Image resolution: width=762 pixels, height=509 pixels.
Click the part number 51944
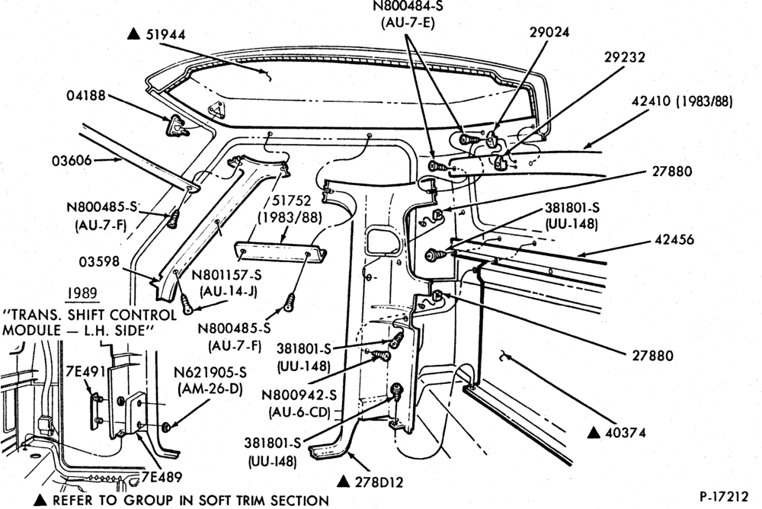pos(165,35)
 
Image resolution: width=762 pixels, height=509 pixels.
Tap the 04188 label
pos(86,95)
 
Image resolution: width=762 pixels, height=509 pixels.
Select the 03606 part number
pos(72,160)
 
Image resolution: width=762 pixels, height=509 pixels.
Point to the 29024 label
pos(549,32)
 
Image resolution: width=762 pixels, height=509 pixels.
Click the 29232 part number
pos(625,57)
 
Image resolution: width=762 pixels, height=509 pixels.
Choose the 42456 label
pos(674,240)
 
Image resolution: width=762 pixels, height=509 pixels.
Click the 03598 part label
pos(99,262)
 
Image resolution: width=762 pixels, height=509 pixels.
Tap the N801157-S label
pos(226,275)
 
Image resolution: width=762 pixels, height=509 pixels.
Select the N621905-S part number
pos(210,373)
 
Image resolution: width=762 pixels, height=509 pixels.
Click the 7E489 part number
pos(162,477)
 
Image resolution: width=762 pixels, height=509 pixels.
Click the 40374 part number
pos(626,432)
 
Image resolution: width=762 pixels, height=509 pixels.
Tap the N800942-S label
pos(299,395)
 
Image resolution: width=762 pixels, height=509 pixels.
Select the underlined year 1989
pos(82,293)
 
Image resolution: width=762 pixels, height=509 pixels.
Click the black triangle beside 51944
pos(133,34)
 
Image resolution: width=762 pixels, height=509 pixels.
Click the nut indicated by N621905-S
pos(165,427)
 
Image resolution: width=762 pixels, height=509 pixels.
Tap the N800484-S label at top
pos(408,6)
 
